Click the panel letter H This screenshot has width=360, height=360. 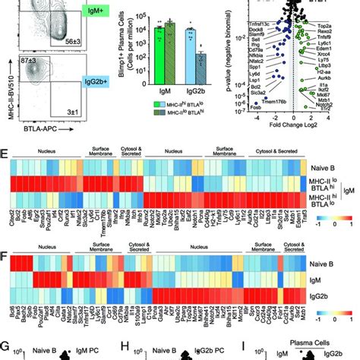[122, 349]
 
